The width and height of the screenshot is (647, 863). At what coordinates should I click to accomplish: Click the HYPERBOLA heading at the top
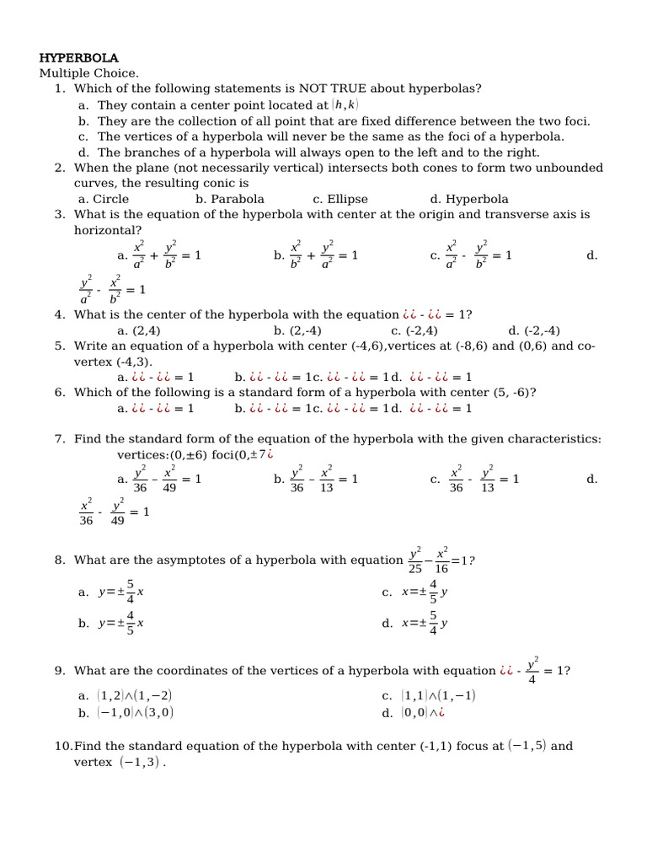[78, 58]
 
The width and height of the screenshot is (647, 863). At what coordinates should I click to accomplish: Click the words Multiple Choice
[88, 73]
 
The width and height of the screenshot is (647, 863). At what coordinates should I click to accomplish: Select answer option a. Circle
[103, 200]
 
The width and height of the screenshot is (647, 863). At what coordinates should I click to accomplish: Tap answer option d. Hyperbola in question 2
[468, 200]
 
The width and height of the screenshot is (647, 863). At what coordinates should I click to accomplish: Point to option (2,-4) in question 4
[297, 330]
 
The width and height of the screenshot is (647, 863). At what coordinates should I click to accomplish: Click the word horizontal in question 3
[108, 230]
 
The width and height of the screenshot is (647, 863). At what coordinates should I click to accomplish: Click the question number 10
[62, 746]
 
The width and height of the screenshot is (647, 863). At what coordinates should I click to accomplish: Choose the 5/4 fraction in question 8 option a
[130, 592]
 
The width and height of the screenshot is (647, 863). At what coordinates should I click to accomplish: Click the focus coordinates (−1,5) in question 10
[527, 746]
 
